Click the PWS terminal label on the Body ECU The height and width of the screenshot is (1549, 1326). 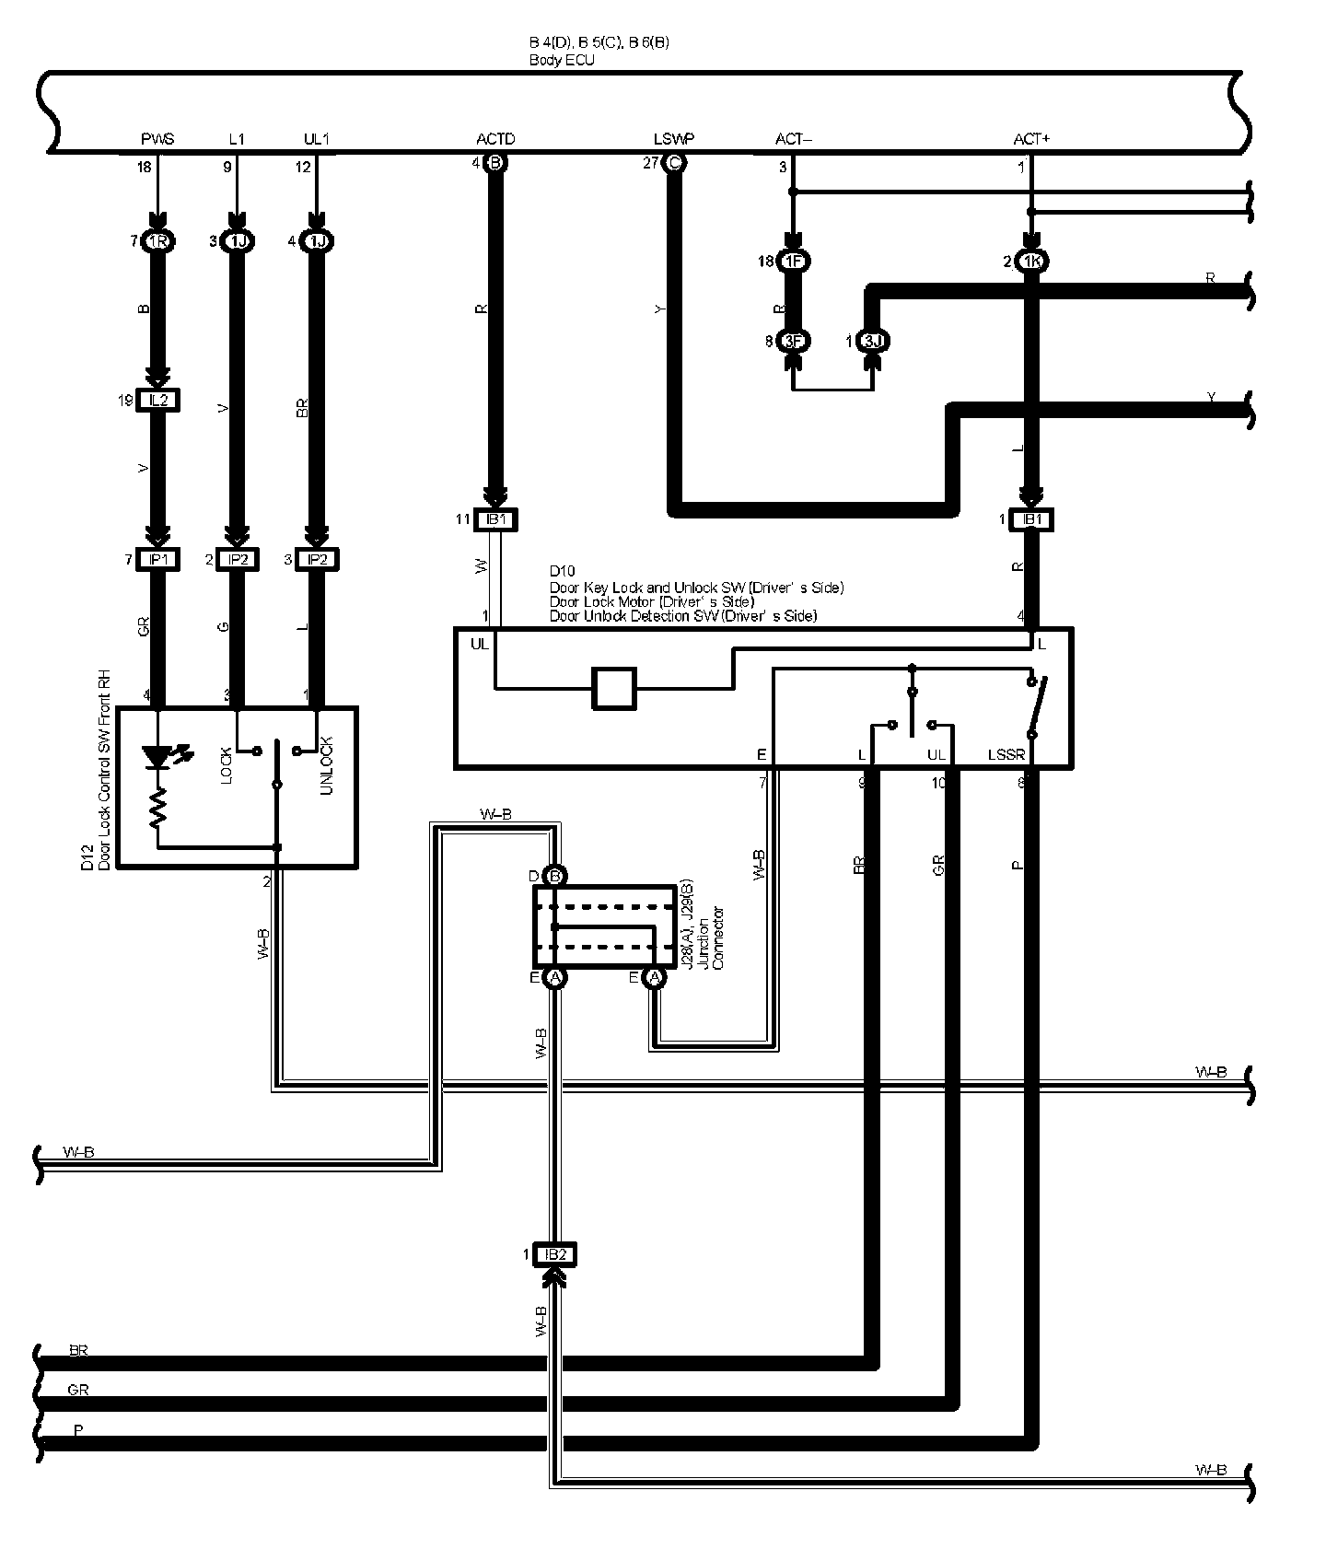(x=157, y=139)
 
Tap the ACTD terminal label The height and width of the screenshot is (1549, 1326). (x=495, y=139)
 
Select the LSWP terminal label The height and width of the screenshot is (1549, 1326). (x=674, y=139)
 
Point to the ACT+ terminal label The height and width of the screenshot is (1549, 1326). (x=1031, y=139)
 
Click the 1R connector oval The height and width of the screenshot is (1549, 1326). (x=158, y=241)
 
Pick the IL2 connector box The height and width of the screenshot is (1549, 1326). (x=158, y=400)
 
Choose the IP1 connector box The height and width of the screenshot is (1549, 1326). (x=158, y=559)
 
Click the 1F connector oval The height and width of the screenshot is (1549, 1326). (x=793, y=262)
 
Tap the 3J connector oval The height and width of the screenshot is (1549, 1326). (x=872, y=342)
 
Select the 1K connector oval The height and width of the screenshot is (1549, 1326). (x=1031, y=262)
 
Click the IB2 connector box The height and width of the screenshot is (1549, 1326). (x=554, y=1254)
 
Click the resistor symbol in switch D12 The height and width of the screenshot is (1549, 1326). (x=158, y=808)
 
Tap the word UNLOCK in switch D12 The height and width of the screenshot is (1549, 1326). (x=325, y=766)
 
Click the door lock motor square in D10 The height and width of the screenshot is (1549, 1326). (x=613, y=688)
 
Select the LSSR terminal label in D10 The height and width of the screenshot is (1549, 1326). (x=1006, y=755)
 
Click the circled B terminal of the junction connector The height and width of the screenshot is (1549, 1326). (x=554, y=877)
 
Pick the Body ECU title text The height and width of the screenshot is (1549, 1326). (x=562, y=60)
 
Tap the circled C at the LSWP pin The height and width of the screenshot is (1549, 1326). (x=674, y=164)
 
